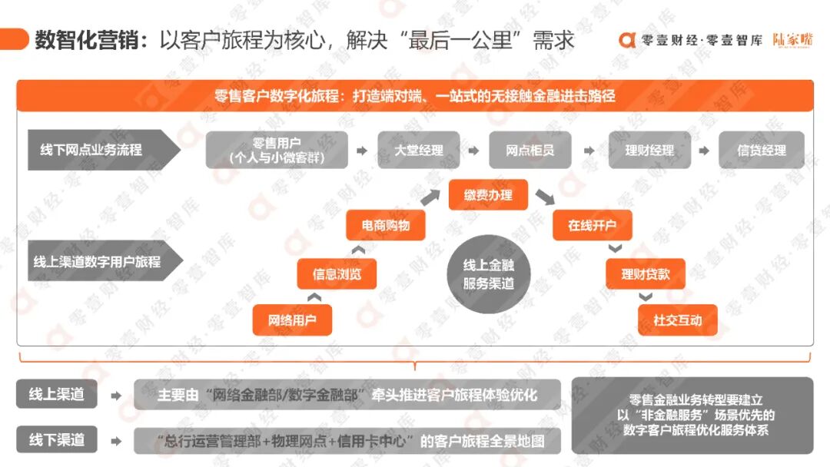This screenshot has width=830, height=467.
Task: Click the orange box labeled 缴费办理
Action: tap(488, 195)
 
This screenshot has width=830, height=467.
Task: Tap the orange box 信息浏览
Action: tap(337, 273)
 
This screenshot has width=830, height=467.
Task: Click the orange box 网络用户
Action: tap(292, 320)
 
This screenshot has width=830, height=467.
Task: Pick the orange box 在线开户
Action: tap(592, 226)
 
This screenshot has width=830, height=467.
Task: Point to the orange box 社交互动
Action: tap(678, 320)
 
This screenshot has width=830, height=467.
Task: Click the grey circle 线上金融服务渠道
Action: tap(488, 274)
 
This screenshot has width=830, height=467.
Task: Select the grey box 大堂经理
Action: tap(419, 150)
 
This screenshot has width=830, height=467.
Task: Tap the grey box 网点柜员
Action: tap(530, 150)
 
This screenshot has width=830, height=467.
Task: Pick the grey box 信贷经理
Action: tap(761, 150)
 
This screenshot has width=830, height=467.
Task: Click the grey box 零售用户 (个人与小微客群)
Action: tap(276, 150)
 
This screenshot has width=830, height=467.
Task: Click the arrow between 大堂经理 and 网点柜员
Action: tap(474, 151)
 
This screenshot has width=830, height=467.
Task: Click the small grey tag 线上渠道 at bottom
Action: tap(57, 395)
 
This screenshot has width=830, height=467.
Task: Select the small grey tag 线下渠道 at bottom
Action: tap(57, 440)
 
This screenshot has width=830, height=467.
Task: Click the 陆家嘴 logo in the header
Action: tap(792, 40)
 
